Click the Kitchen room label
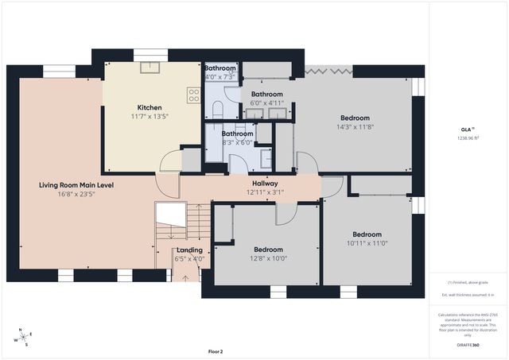coord(150,106)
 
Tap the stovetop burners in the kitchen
coord(193,95)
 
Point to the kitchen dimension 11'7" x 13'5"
coord(150,116)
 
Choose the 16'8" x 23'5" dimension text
coord(76,195)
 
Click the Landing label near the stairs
coord(188,250)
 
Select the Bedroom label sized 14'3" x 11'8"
coord(355,118)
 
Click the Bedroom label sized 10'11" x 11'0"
coord(367,234)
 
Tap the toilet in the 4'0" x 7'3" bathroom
coord(216,110)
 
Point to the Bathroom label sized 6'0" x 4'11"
coord(266,94)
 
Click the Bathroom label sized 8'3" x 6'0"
coord(237,134)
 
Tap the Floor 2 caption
coord(216,351)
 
